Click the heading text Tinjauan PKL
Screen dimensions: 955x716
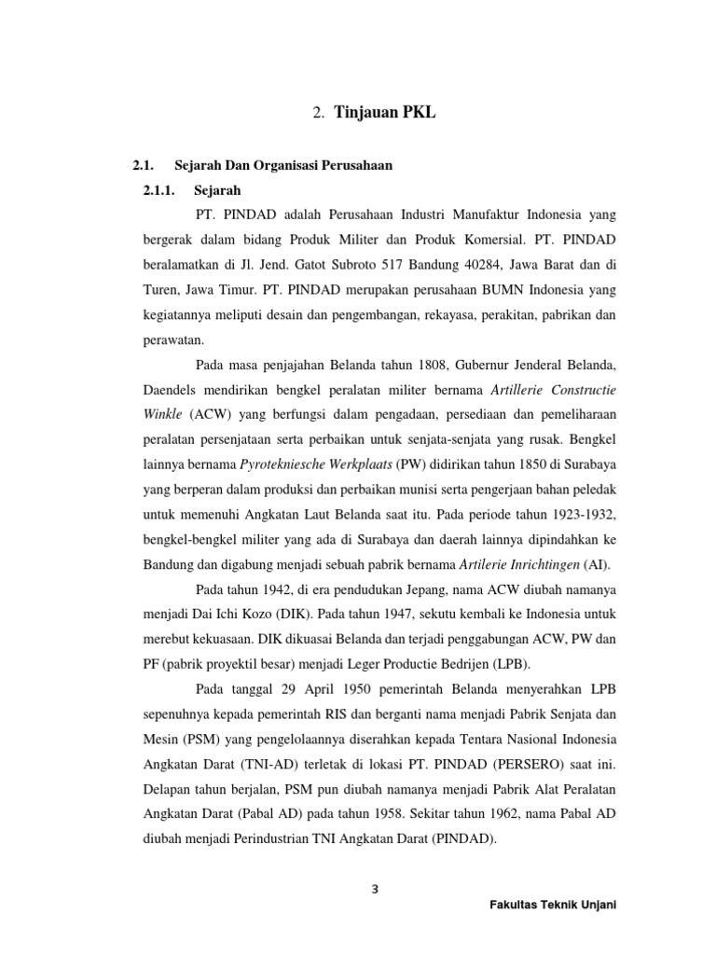click(384, 114)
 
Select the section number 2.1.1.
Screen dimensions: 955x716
click(162, 190)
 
